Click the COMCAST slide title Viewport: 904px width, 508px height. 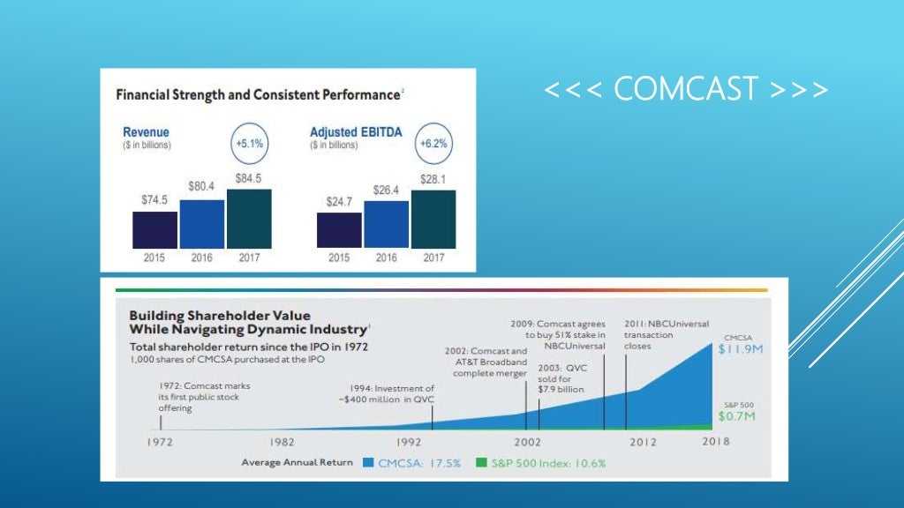686,89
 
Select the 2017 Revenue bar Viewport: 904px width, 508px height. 249,219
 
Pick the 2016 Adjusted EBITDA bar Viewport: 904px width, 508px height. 386,224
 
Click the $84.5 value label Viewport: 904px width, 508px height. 249,178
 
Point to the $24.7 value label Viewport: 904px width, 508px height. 338,201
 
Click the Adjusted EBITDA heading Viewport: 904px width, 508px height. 356,132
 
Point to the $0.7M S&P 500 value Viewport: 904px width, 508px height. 735,415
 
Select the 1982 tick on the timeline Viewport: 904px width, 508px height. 282,441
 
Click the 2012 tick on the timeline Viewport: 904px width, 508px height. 642,441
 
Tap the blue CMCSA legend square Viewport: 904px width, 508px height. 368,462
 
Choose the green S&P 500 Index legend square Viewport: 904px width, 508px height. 480,462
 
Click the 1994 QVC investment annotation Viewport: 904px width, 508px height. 392,394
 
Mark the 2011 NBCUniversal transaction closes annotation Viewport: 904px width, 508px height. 654,335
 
